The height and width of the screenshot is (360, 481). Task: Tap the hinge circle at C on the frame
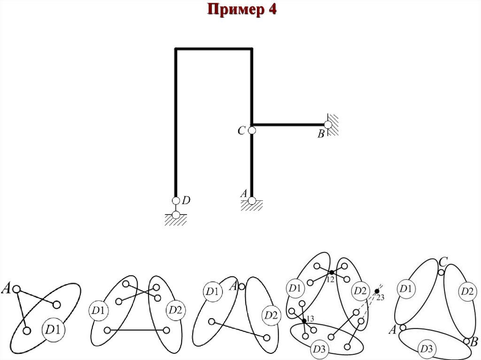coord(252,130)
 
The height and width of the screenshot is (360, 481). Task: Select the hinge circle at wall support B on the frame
coord(328,124)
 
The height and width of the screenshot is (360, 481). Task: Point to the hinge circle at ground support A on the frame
coord(252,201)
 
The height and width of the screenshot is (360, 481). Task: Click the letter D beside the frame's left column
coord(186,200)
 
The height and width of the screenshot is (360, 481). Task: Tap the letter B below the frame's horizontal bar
coord(321,135)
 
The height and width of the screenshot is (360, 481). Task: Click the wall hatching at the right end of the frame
coord(334,124)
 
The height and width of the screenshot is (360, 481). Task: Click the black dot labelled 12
coord(331,272)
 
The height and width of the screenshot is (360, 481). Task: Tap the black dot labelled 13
coord(304,321)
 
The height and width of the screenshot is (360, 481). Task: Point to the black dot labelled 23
coord(377,291)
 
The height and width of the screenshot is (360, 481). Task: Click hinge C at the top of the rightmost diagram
coord(441,272)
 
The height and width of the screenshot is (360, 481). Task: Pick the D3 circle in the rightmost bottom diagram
coord(427,349)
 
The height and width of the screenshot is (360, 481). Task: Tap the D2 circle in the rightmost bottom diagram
coord(467,291)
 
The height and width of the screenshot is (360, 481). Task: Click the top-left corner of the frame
coord(176,49)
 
